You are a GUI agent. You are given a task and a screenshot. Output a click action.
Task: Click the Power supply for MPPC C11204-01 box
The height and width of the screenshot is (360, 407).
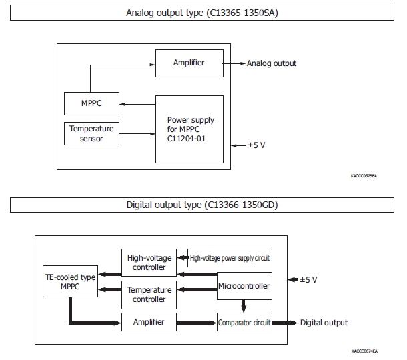point(191,129)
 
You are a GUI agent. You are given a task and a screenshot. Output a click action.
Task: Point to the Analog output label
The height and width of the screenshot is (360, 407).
point(272,64)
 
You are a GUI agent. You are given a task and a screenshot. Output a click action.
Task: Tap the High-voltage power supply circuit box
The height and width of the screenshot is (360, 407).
point(231,257)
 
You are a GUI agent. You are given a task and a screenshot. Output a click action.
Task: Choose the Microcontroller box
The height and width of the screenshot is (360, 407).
point(244,286)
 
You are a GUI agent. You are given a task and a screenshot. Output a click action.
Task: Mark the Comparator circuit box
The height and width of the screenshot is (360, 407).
point(244,323)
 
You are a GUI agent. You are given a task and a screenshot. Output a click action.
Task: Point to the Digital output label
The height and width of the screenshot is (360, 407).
point(324,323)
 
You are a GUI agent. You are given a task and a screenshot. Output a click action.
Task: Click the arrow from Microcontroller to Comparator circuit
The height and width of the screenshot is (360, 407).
point(244,306)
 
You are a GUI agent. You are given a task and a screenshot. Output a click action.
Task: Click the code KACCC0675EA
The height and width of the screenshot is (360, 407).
point(363,176)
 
